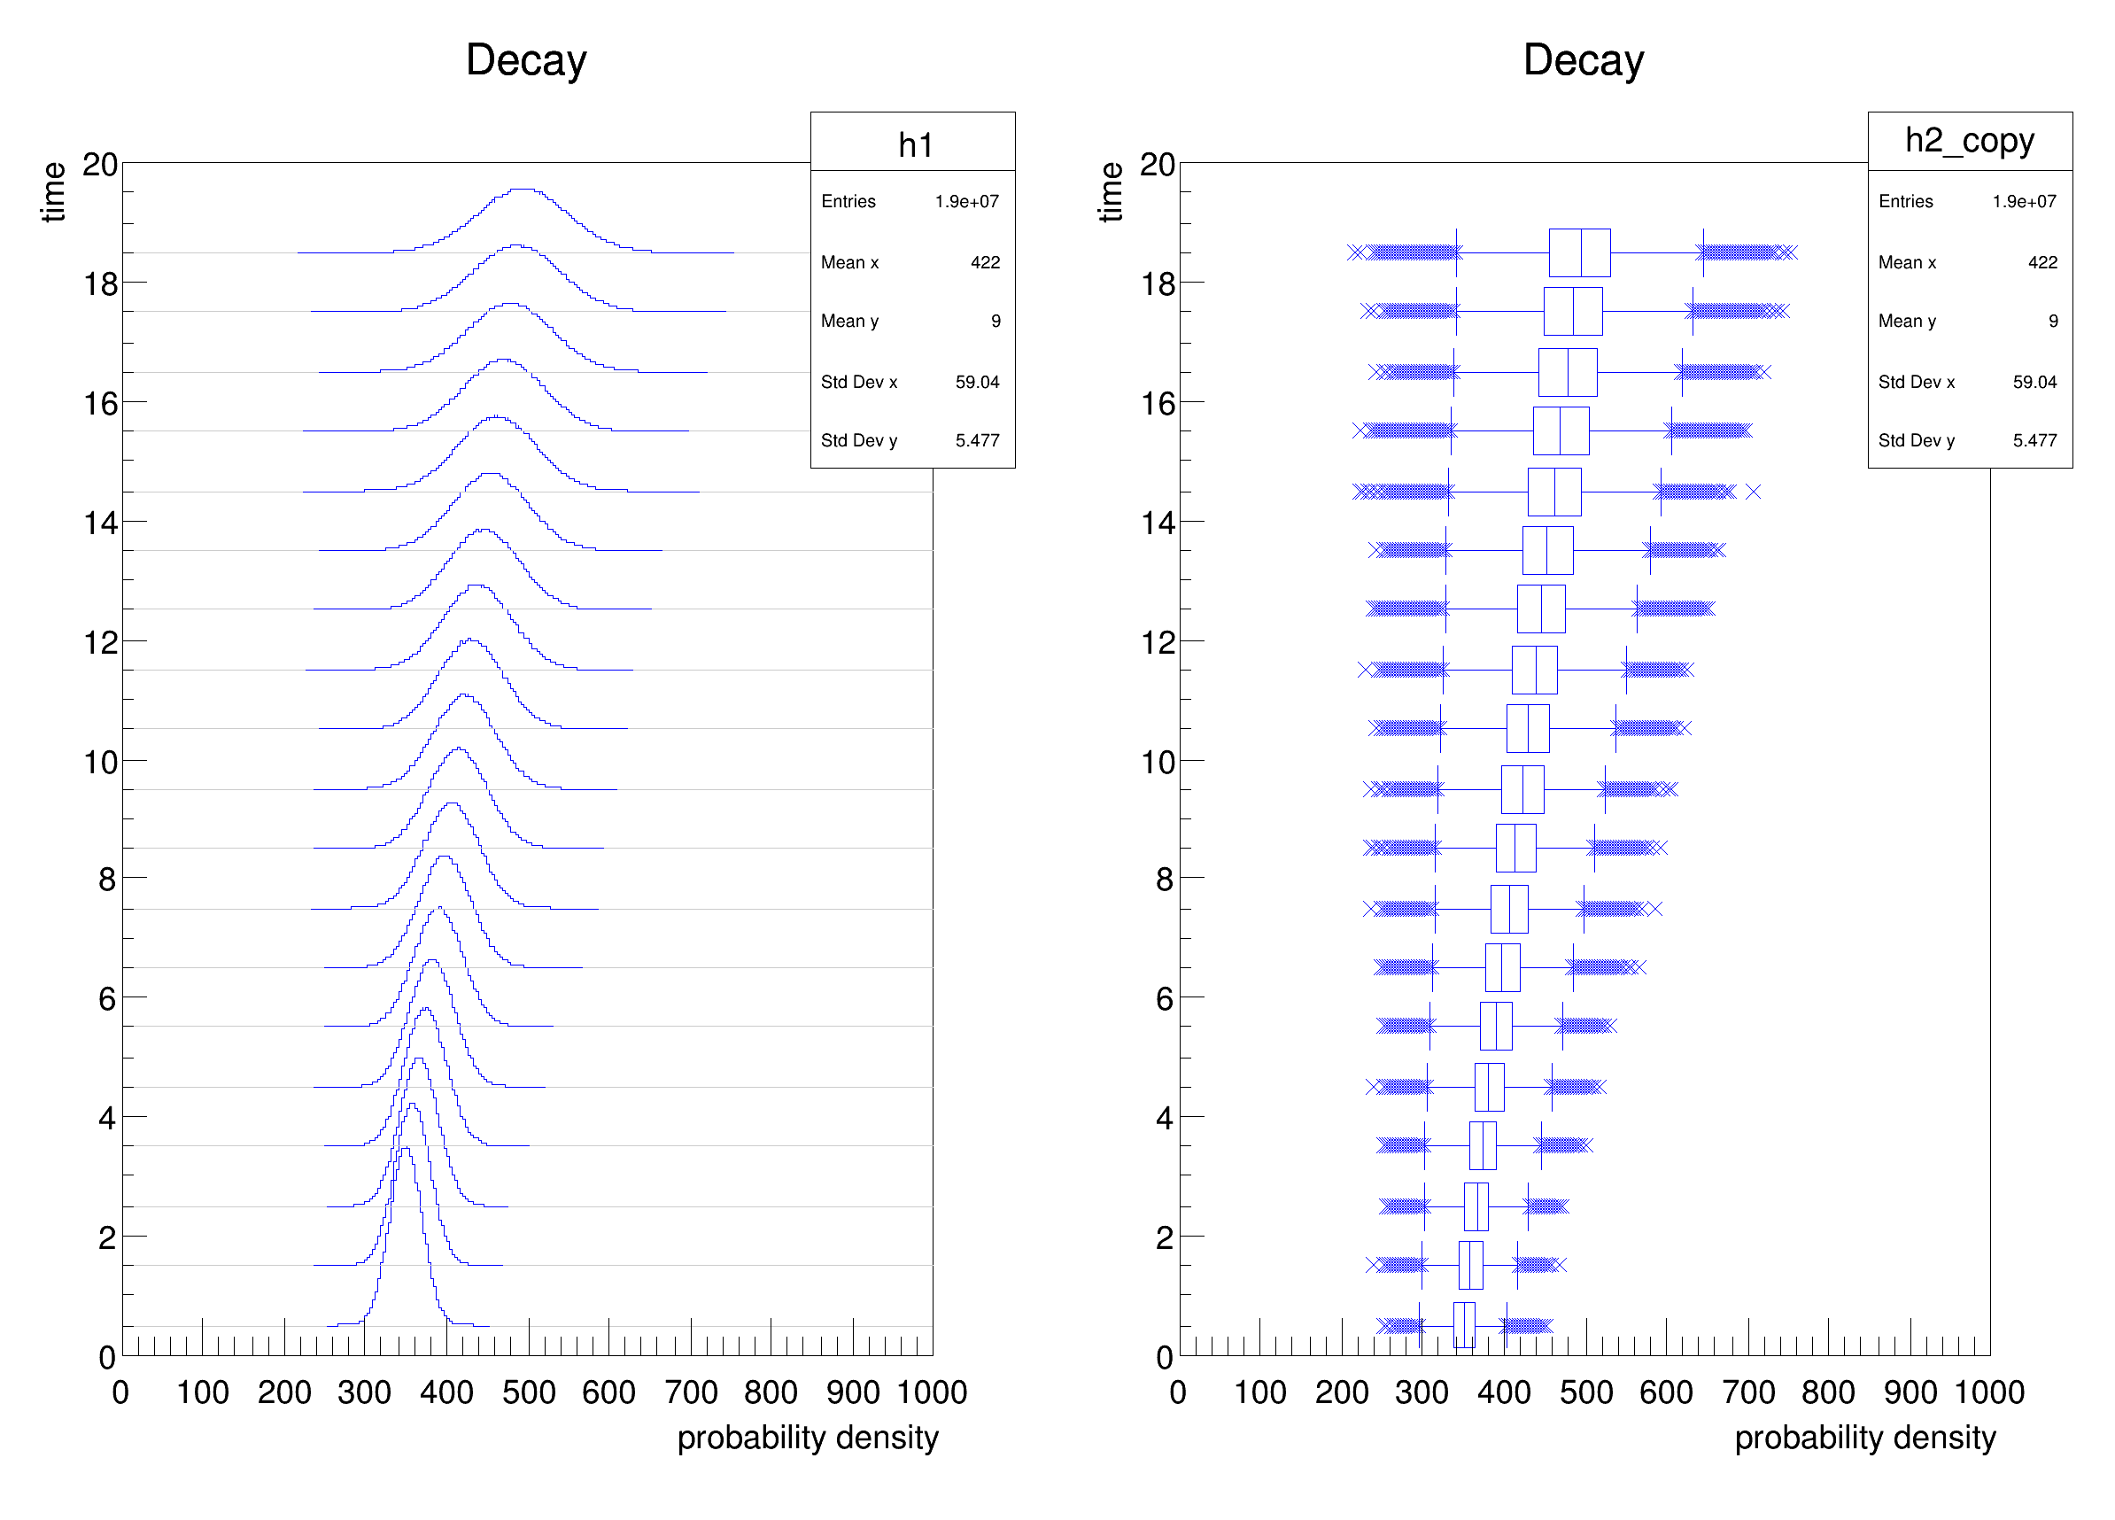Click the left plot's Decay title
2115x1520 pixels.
526,60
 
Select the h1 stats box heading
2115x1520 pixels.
914,144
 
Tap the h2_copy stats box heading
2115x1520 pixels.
1969,141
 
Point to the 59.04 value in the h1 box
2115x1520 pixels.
976,383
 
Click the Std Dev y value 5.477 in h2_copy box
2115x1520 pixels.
2034,440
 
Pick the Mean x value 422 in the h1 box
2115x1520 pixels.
985,263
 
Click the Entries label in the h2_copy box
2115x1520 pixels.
1905,201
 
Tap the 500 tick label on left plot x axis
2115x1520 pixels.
528,1392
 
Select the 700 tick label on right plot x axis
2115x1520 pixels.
1747,1392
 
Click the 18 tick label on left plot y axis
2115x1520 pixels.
101,283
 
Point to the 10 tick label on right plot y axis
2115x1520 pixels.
1158,763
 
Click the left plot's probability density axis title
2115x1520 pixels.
808,1438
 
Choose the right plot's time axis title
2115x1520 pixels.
1110,191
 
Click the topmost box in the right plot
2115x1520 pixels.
1579,252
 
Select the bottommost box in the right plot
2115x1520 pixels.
1463,1325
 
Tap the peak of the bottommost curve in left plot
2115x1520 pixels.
405,1149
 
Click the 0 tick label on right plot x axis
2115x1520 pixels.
1178,1392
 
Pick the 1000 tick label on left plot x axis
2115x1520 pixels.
932,1392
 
